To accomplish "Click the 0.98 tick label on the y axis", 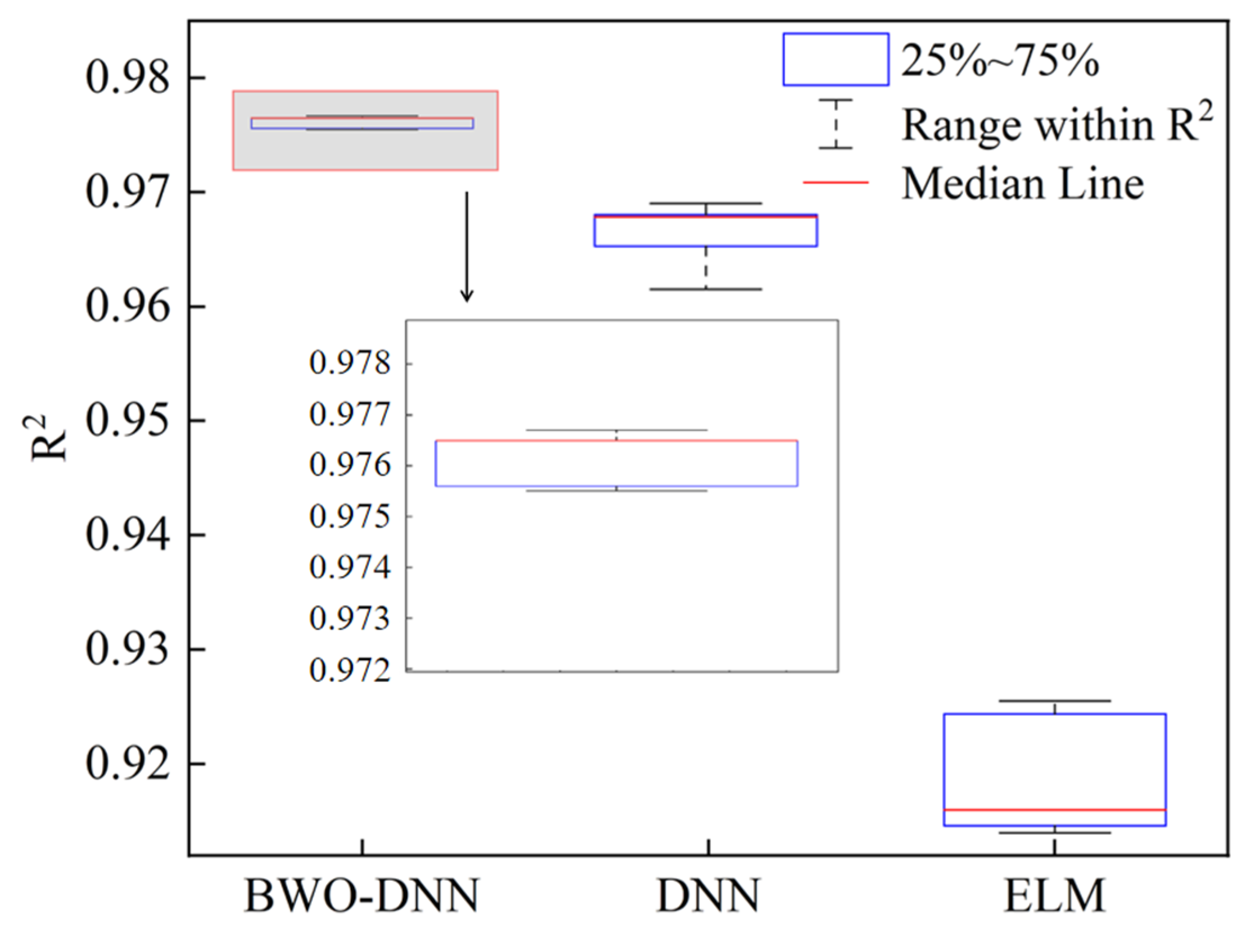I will tap(127, 78).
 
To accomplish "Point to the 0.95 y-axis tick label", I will tap(127, 421).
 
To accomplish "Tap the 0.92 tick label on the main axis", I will tap(127, 764).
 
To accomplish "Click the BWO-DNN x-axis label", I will tap(362, 894).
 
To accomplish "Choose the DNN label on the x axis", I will tap(707, 894).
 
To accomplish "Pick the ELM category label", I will tap(1054, 894).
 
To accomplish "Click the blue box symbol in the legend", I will tap(836, 60).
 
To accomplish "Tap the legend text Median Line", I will tap(1023, 184).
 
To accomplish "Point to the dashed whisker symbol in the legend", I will tap(836, 124).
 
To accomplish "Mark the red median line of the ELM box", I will tap(1055, 810).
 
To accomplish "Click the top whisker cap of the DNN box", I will tap(705, 203).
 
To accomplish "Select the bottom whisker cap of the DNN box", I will tap(705, 289).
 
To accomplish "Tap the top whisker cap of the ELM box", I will tap(1055, 701).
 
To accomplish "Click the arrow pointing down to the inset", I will tap(466, 247).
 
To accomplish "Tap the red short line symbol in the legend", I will tap(836, 183).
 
